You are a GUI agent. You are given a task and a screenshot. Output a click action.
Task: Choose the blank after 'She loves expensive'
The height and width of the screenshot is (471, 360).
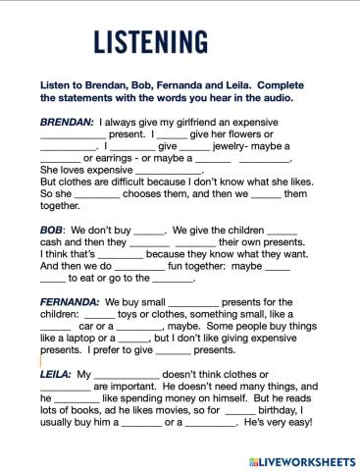[168, 169]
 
